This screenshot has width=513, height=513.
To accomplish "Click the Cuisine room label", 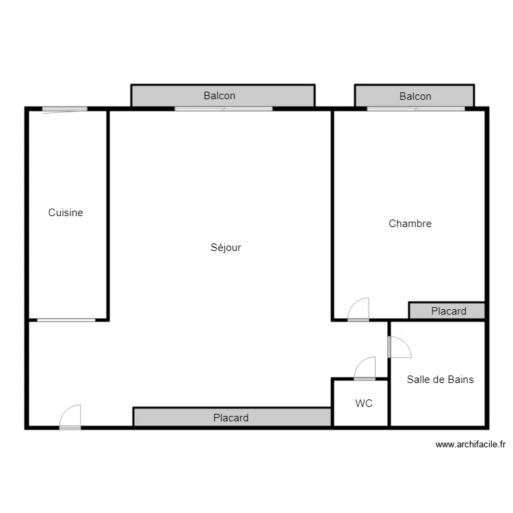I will (x=66, y=213).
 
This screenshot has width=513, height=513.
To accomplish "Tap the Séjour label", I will (x=226, y=248).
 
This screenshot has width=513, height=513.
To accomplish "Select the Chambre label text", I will (x=410, y=224).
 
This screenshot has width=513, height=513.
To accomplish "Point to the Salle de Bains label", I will (x=440, y=379).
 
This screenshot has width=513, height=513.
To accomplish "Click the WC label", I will (x=364, y=404).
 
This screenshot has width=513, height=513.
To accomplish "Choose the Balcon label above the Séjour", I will (x=220, y=96).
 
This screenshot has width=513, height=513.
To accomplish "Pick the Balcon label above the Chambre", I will (x=415, y=96).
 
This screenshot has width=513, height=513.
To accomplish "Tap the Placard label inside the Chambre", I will (x=449, y=311).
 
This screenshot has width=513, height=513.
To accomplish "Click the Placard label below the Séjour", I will (x=231, y=417).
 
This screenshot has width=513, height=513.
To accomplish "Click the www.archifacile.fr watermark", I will (x=471, y=445).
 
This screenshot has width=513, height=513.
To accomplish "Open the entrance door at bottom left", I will (x=70, y=417).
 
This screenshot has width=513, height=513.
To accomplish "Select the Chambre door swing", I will (x=358, y=310).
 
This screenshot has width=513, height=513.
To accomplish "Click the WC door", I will (x=365, y=369).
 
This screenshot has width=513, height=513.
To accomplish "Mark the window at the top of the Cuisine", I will (x=64, y=109).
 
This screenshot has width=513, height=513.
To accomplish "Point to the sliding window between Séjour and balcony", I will (x=223, y=108).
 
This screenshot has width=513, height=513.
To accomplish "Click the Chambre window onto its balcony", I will (x=416, y=108).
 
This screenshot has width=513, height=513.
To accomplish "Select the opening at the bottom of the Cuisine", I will (x=66, y=319).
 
